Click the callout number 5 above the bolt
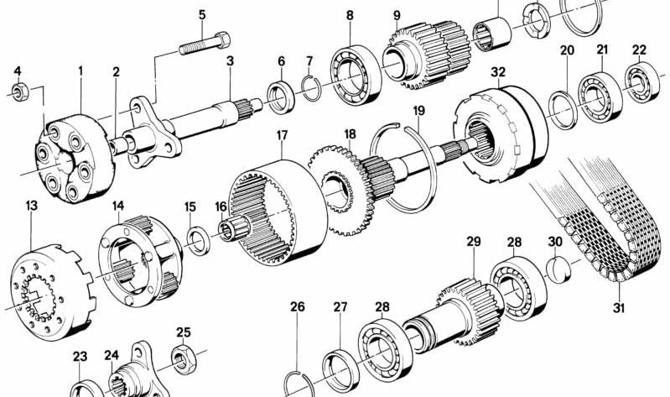click(x=201, y=14)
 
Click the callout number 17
click(x=282, y=134)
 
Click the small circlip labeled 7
click(x=309, y=86)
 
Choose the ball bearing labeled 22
click(x=641, y=83)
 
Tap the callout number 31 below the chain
click(x=619, y=308)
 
